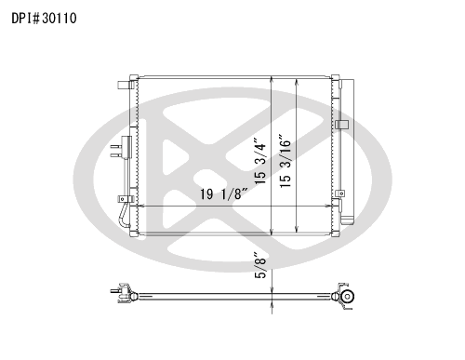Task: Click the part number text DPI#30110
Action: point(44,18)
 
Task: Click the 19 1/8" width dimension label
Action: point(224,194)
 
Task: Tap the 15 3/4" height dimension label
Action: point(259,160)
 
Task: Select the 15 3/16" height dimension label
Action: point(285,161)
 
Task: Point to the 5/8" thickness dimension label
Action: point(260,264)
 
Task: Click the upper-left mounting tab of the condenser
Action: point(123,85)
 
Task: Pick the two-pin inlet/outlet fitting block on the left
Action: point(122,148)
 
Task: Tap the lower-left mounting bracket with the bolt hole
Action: point(125,199)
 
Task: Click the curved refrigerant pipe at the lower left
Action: point(125,216)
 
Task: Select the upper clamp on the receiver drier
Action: point(341,125)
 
